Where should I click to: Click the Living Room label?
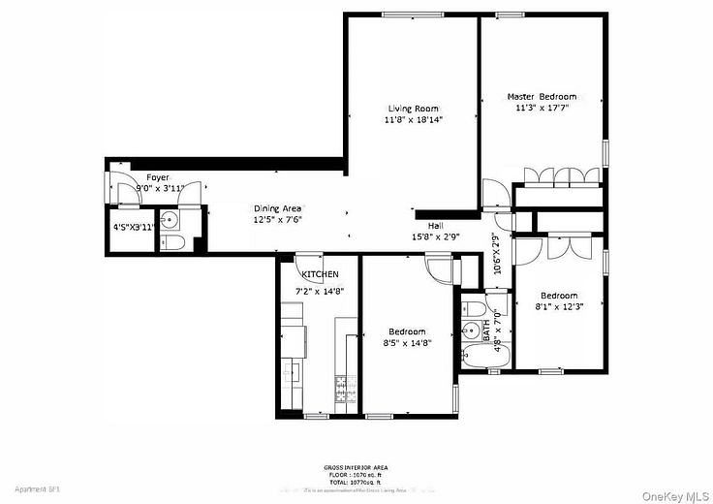point(414,109)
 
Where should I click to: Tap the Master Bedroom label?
point(542,97)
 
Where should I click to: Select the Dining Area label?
point(278,208)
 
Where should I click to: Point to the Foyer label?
point(158,177)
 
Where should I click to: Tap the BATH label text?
point(486,330)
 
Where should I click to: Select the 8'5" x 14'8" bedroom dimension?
point(407,342)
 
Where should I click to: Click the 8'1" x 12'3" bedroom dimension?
point(559,307)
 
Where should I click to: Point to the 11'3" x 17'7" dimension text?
point(542,109)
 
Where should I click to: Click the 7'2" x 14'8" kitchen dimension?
point(320,290)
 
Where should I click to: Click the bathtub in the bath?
point(476,358)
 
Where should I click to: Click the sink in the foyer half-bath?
point(168,217)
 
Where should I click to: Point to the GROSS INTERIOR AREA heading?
point(357,467)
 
